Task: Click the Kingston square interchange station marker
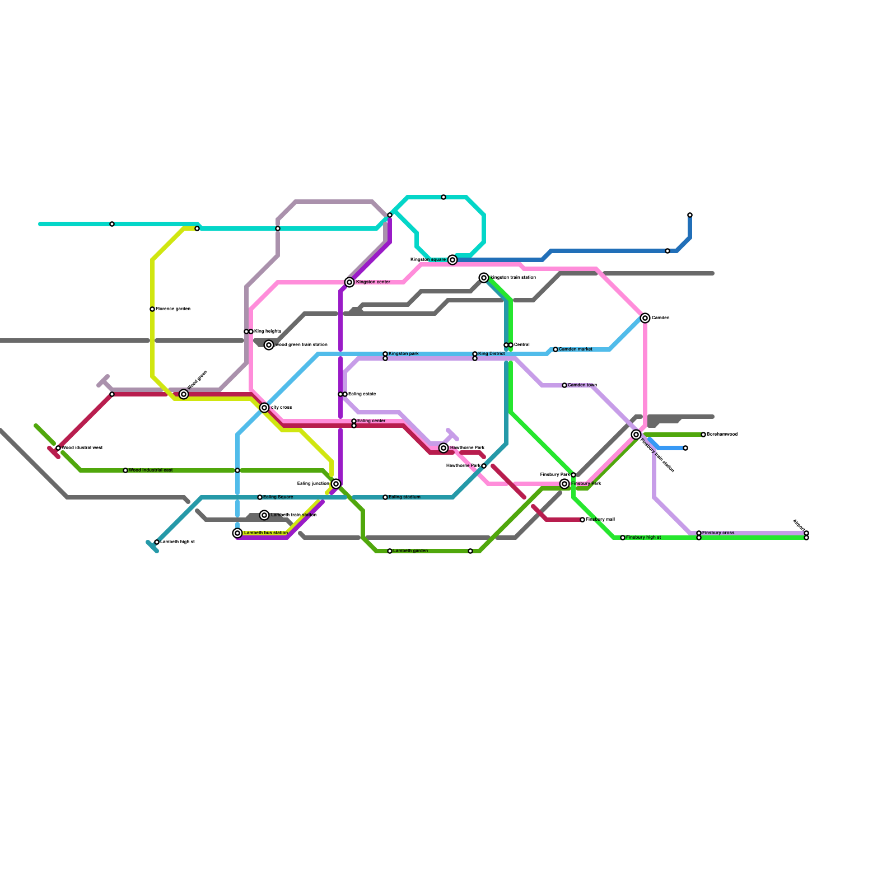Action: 452,260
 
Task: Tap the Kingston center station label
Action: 373,282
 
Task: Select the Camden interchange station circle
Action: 645,318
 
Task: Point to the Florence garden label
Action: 173,309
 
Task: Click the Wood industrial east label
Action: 151,470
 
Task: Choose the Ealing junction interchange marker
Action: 336,484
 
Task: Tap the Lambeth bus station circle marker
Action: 237,533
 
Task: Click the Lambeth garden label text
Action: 410,551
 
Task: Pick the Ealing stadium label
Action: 404,497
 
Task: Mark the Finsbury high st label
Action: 643,538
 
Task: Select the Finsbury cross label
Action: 718,533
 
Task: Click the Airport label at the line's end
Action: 799,525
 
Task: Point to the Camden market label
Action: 576,349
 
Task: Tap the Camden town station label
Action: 582,385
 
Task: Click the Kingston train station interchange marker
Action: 484,278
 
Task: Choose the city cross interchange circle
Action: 264,408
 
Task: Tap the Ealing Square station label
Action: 278,497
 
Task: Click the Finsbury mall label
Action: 600,520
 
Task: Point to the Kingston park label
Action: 404,354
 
